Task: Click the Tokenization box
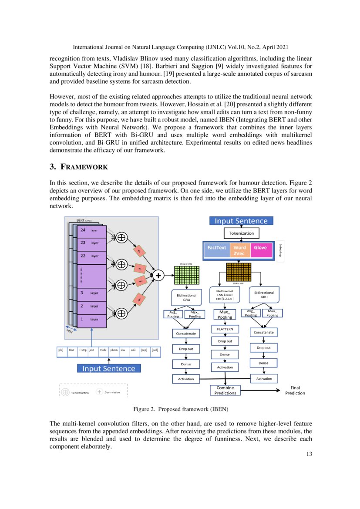pyautogui.click(x=242, y=233)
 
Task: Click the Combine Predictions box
pyautogui.click(x=225, y=390)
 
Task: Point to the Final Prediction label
pyautogui.click(x=295, y=390)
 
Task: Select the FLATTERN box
pyautogui.click(x=225, y=329)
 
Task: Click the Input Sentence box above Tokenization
pyautogui.click(x=242, y=221)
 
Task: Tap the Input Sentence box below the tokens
pyautogui.click(x=108, y=368)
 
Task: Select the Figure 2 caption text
pyautogui.click(x=180, y=409)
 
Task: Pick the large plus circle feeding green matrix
pyautogui.click(x=158, y=275)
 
